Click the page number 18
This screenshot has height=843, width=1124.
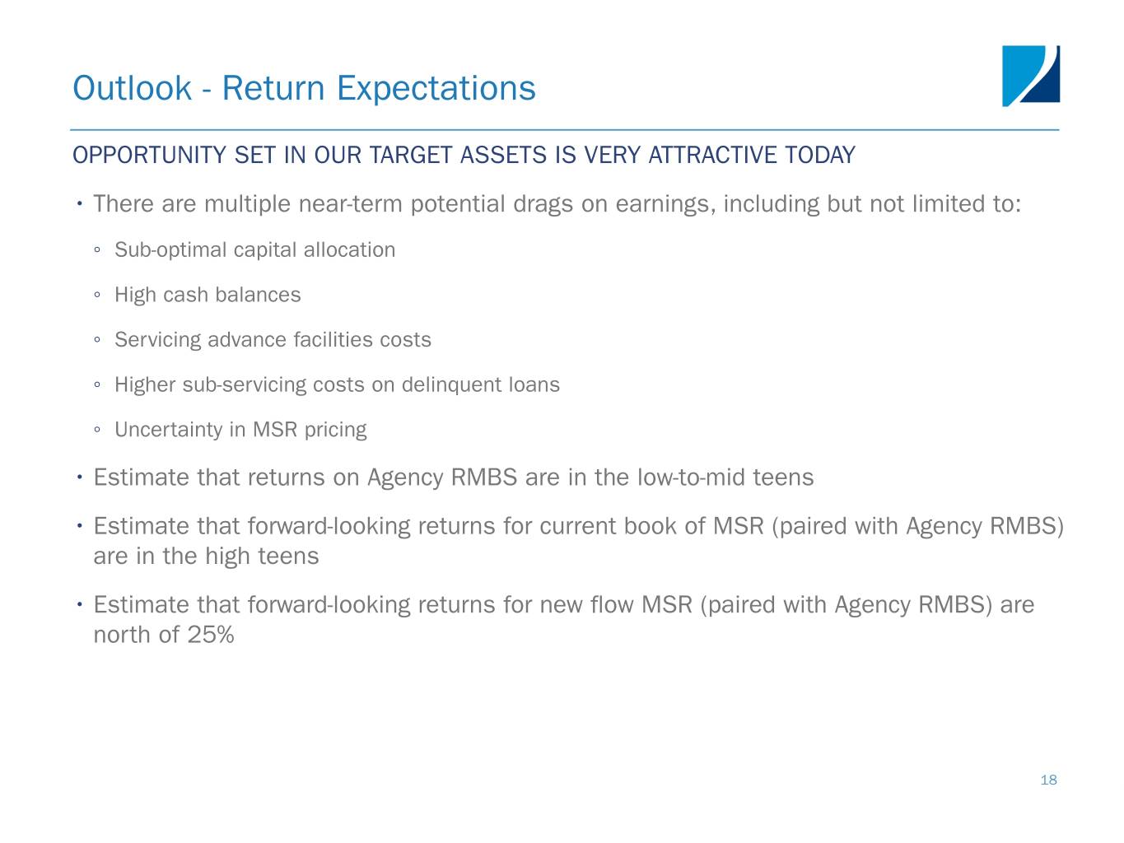click(1048, 780)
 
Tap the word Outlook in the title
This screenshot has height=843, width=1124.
click(132, 88)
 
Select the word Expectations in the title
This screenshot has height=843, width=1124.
click(436, 90)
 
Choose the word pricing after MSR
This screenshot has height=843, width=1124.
click(335, 431)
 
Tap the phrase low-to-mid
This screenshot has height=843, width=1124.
click(692, 477)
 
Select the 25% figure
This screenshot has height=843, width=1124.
click(211, 635)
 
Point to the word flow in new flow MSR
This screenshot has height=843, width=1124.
click(612, 605)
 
